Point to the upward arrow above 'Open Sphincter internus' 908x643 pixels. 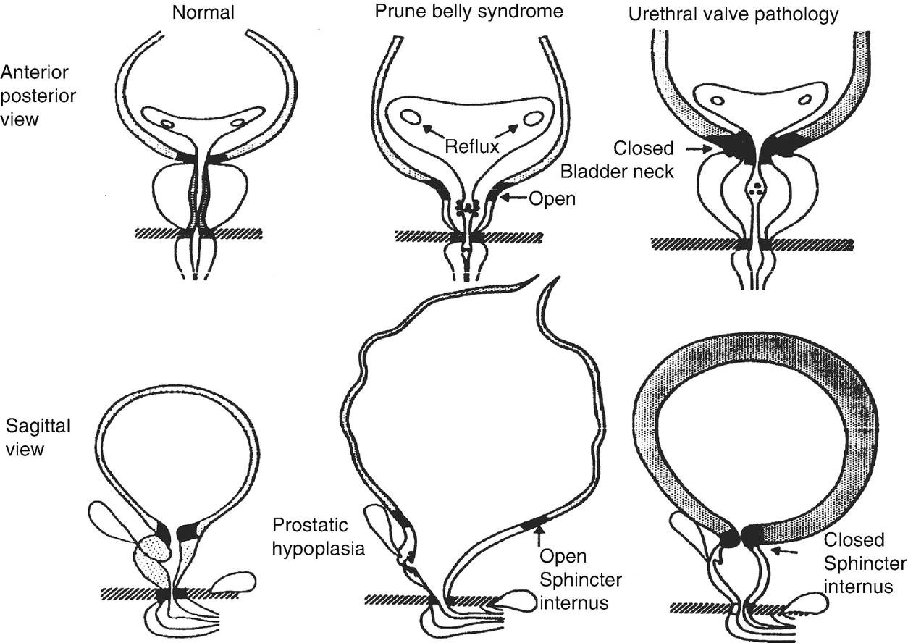pos(539,537)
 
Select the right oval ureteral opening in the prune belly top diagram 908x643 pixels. pos(534,117)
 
